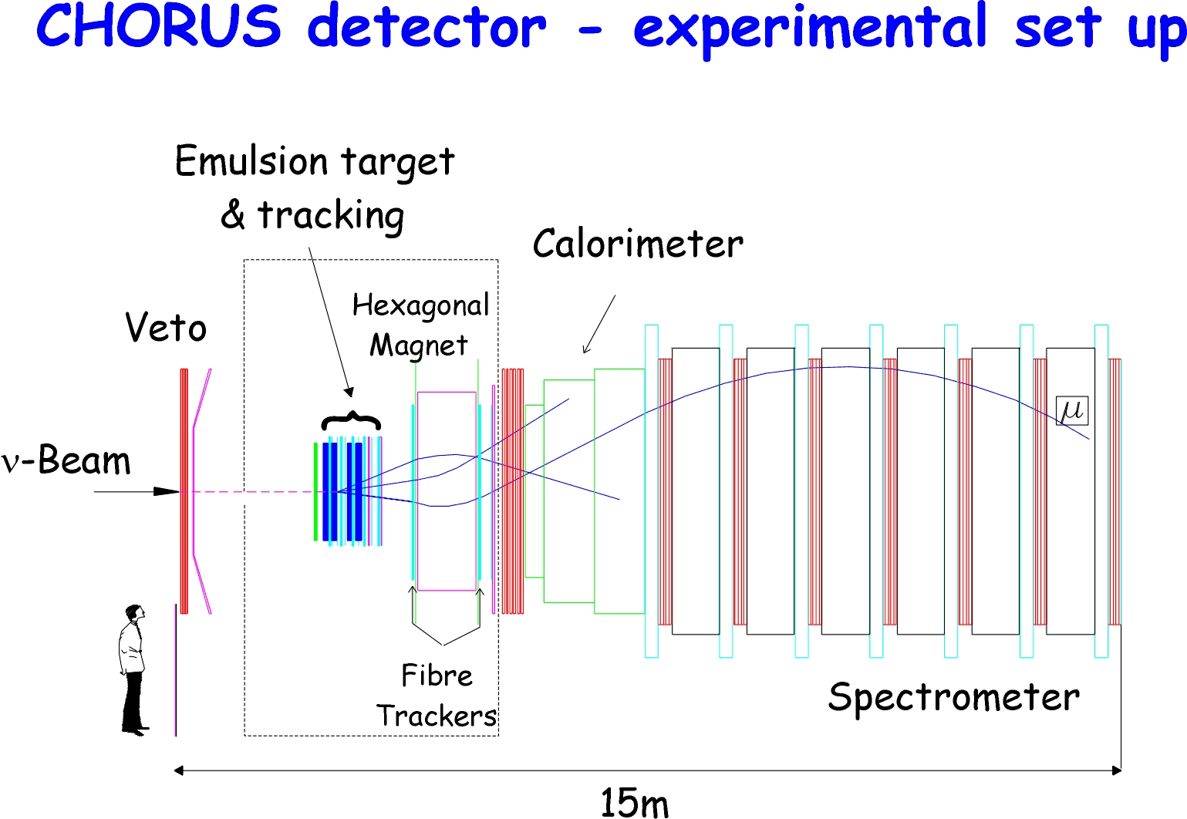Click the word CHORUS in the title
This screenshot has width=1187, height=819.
click(158, 26)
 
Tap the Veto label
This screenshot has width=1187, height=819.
click(166, 328)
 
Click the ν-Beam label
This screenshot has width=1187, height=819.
click(66, 460)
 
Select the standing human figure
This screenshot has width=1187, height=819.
click(133, 670)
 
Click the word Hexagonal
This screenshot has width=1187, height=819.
click(421, 306)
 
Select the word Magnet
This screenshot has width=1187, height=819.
click(419, 346)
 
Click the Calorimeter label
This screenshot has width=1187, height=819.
click(638, 244)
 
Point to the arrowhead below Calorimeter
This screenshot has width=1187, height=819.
click(585, 349)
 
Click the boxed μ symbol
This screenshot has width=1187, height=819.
click(1072, 410)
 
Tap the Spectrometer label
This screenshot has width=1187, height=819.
click(954, 698)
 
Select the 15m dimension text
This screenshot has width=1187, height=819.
click(634, 803)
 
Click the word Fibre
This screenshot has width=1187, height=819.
click(437, 676)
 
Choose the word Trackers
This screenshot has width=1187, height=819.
click(436, 716)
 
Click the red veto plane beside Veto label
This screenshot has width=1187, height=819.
click(184, 491)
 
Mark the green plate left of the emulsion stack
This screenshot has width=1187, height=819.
click(315, 491)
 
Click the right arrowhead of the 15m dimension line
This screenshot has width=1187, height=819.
click(1116, 770)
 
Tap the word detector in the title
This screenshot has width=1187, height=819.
click(427, 26)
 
